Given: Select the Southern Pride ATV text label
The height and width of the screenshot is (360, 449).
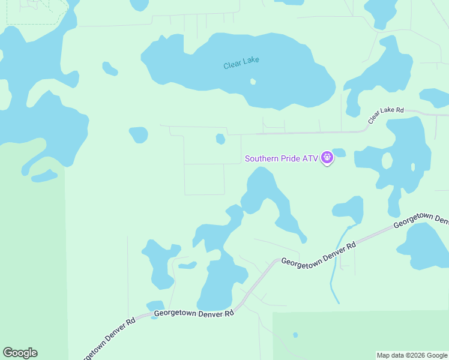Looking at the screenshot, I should (x=281, y=159).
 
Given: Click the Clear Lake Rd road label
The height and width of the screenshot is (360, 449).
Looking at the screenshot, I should (x=387, y=115).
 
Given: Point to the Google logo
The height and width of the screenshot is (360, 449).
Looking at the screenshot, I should (x=20, y=353).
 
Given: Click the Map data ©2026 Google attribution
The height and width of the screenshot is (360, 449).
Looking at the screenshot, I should (x=412, y=355).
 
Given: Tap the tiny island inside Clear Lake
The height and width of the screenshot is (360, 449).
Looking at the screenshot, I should (x=253, y=82).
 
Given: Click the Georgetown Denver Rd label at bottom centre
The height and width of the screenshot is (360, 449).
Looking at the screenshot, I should (x=193, y=313).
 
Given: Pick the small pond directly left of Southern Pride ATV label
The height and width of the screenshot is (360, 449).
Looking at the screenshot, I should (x=220, y=139).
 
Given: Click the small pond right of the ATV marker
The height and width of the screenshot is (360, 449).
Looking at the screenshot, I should (x=339, y=152).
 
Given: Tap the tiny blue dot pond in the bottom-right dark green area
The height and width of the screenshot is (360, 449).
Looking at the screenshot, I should (x=295, y=335).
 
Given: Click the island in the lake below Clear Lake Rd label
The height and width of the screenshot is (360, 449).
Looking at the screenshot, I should (x=387, y=161).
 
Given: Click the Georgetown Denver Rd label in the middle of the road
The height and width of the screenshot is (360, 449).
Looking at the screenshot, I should (x=319, y=254).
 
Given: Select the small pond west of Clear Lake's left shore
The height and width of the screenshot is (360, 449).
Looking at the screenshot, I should (x=110, y=68).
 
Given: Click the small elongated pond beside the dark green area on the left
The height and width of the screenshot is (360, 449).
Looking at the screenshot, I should (x=44, y=176).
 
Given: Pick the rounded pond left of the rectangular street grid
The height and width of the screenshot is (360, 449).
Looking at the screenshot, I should (x=139, y=134).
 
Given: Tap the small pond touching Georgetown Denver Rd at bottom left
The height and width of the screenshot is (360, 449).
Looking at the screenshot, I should (x=155, y=307).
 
